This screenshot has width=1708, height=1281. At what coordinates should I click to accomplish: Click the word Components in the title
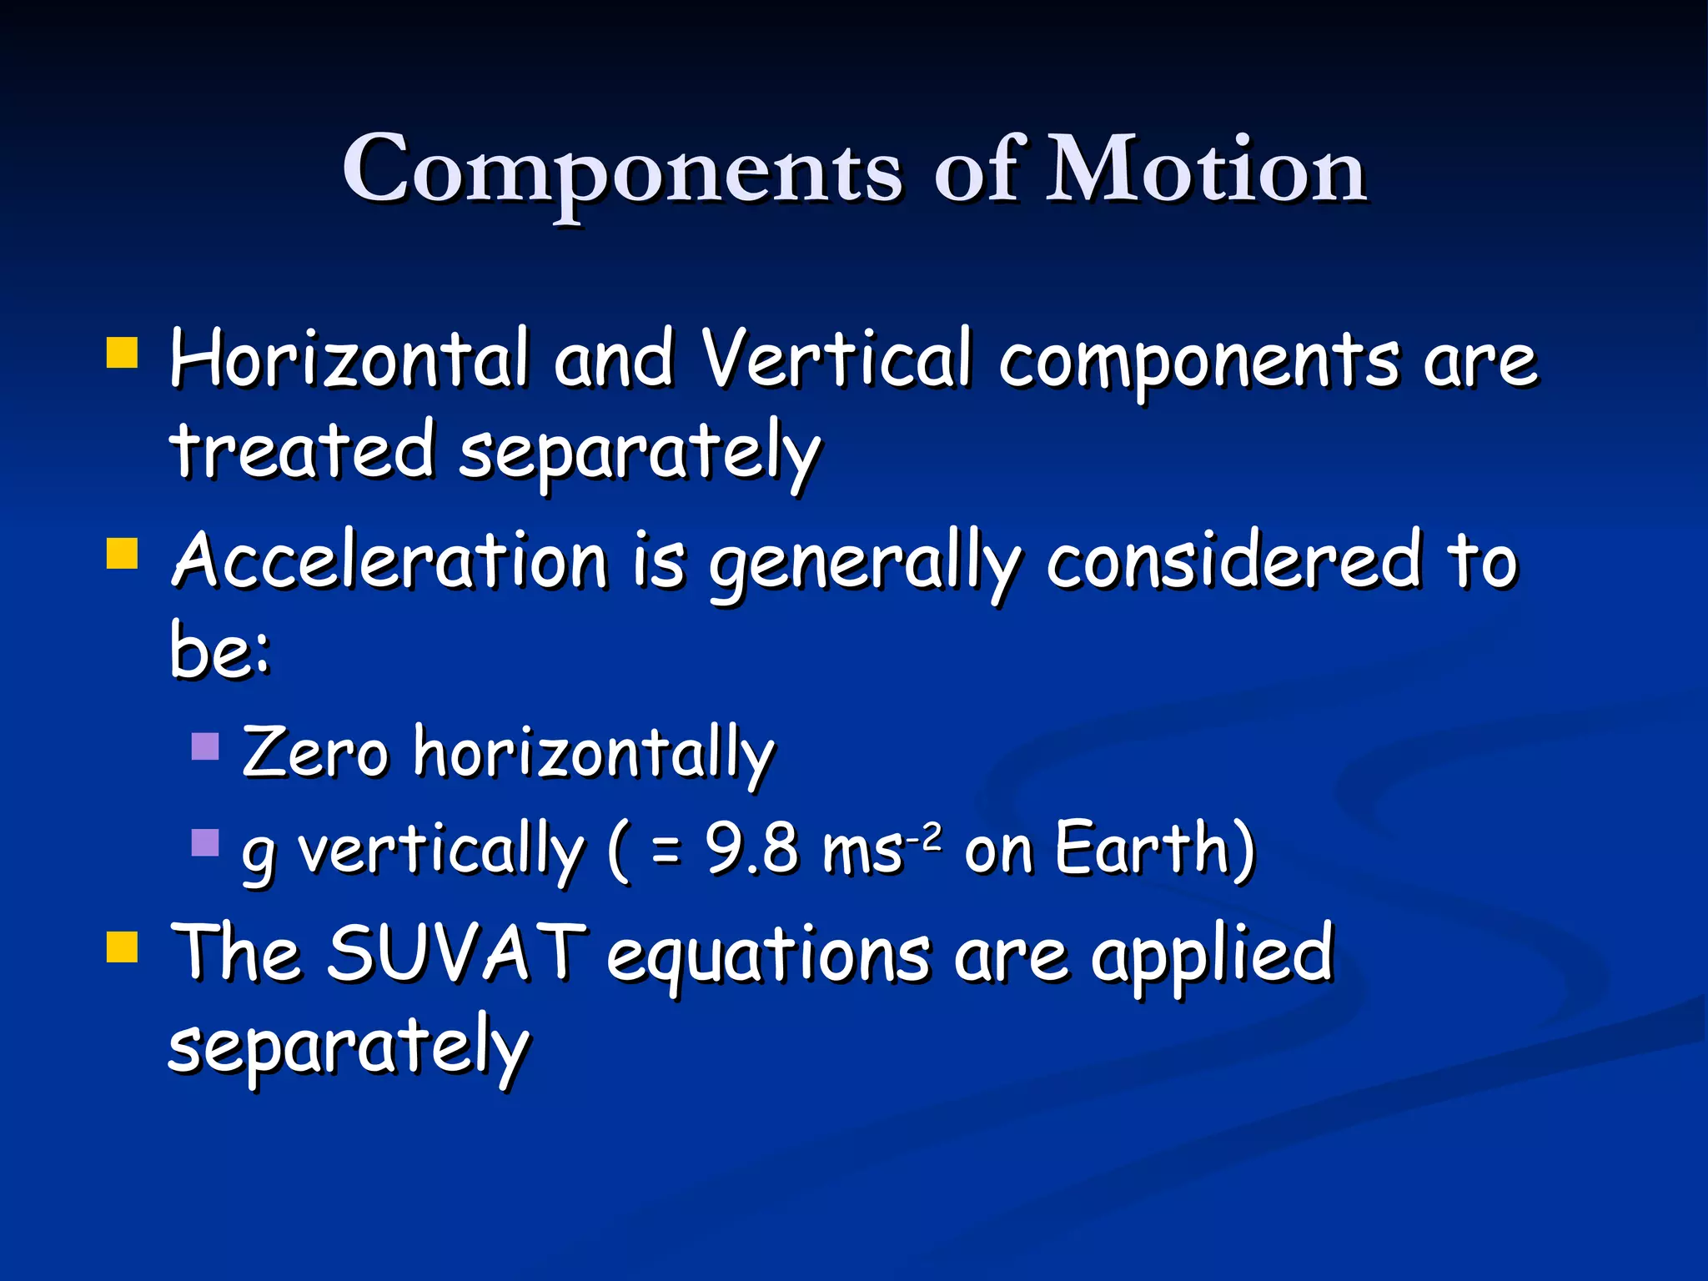click(622, 171)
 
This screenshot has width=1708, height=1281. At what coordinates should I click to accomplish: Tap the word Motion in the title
click(1206, 171)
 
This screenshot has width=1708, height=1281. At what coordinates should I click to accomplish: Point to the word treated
click(302, 450)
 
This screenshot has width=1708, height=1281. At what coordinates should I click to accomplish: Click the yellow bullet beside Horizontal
click(123, 353)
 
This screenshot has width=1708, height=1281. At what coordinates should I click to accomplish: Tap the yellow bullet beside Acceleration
click(123, 553)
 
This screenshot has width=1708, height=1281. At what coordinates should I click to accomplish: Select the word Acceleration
click(389, 560)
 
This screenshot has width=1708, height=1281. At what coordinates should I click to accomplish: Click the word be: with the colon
click(220, 650)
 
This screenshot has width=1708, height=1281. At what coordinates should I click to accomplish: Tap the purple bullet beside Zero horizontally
click(205, 746)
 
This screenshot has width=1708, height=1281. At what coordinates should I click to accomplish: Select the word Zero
click(315, 752)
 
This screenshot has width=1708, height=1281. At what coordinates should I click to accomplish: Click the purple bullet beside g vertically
click(205, 842)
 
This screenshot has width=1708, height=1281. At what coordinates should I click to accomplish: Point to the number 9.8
click(751, 849)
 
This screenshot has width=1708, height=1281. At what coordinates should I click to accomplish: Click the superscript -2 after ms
click(926, 834)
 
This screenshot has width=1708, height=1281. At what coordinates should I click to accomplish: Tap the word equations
click(767, 957)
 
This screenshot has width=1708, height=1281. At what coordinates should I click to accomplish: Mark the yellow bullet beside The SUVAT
click(123, 947)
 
